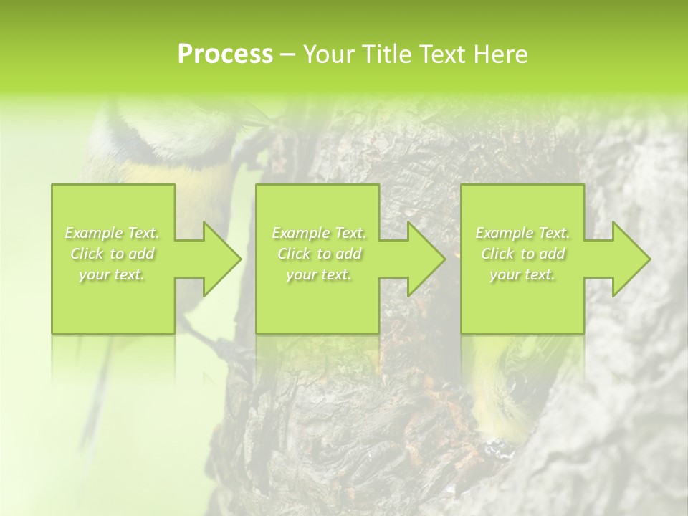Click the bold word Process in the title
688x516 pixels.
225,54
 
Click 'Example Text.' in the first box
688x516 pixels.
113,233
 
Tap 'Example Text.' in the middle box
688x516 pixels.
319,233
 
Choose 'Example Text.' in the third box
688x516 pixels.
522,233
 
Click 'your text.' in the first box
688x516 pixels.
113,275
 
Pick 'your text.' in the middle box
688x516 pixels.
319,275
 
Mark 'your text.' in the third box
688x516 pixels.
522,275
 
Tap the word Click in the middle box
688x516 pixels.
293,254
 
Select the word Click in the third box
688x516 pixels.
497,254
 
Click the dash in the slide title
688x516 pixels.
287,55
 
